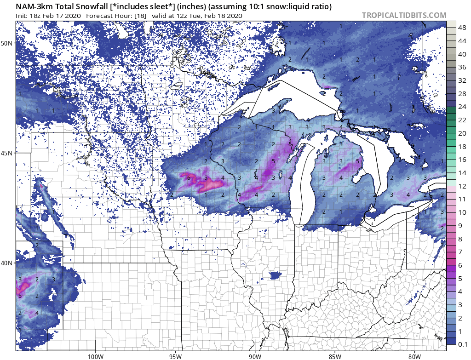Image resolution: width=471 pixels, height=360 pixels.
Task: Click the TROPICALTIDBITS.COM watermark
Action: point(404,15)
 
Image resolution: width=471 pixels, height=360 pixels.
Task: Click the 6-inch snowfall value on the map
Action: point(188,177)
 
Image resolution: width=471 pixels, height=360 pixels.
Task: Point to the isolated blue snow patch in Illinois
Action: point(275,275)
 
